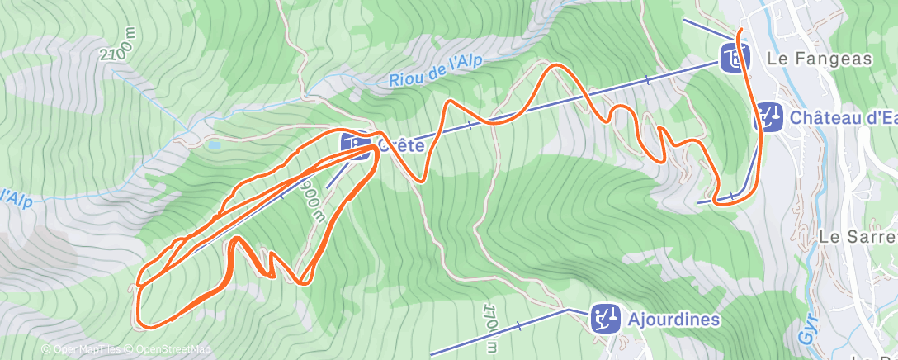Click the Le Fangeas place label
[x=807, y=59]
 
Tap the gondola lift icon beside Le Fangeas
[x=734, y=58]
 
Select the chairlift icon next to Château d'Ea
[x=770, y=117]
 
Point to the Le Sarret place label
[x=858, y=236]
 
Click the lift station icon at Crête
[x=355, y=144]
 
